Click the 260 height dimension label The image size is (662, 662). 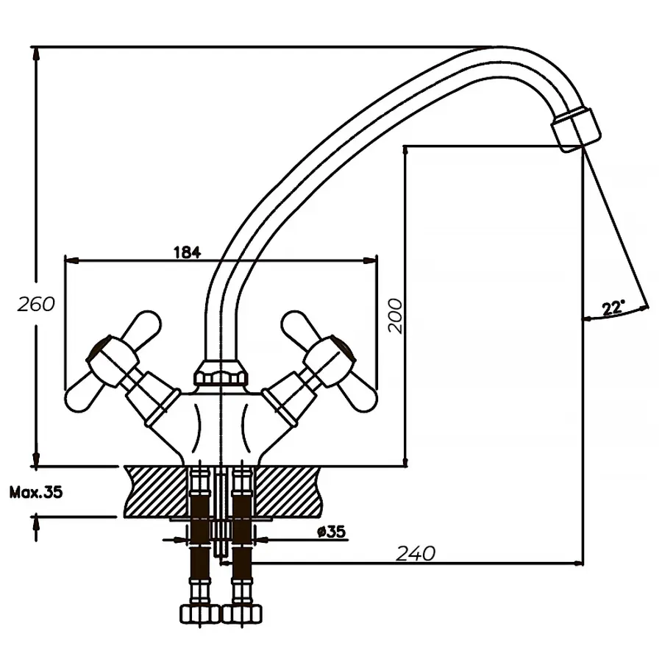click(36, 304)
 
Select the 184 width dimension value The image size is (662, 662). click(187, 252)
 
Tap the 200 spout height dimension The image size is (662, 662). click(396, 316)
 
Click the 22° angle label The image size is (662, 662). click(612, 307)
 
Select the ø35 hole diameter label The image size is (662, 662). click(332, 531)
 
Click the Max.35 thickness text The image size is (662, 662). click(35, 492)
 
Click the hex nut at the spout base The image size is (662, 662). click(221, 375)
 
